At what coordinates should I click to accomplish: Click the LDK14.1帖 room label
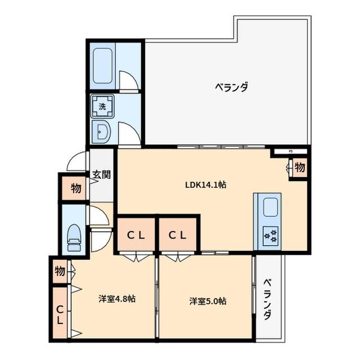point(206,184)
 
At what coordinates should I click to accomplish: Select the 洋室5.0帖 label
point(208,301)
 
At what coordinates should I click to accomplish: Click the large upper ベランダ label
point(232,87)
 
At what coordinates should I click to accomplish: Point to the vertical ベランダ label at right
point(268,299)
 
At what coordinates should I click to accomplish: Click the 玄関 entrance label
point(101,174)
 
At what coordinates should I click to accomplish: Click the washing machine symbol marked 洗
point(103,106)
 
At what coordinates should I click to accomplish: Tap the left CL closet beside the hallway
point(136,236)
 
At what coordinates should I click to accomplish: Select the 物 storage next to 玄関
point(75,189)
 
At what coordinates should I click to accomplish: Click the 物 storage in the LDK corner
point(299,167)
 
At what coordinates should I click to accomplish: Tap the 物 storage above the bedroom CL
point(60,271)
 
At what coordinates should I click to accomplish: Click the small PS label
point(291,151)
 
